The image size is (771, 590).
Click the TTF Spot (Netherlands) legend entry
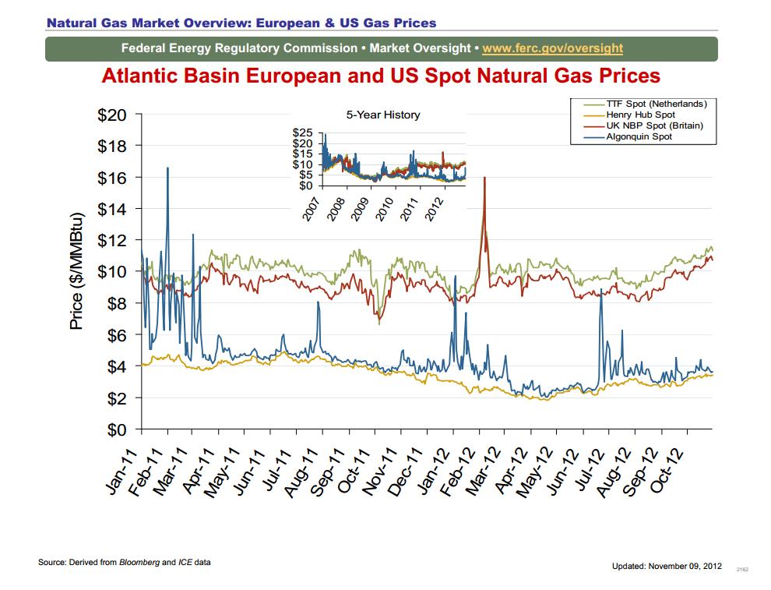(656, 104)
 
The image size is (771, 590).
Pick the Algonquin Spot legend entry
(639, 136)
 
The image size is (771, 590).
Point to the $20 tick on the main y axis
(112, 115)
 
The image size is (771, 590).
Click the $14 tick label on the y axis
(112, 209)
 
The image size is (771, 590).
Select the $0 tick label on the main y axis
(117, 429)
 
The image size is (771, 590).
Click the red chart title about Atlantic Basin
(381, 76)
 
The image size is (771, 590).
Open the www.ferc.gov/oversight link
(552, 48)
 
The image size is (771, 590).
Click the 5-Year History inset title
(382, 115)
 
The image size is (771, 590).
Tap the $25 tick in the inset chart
(302, 134)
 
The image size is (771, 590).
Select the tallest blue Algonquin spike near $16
(167, 168)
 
